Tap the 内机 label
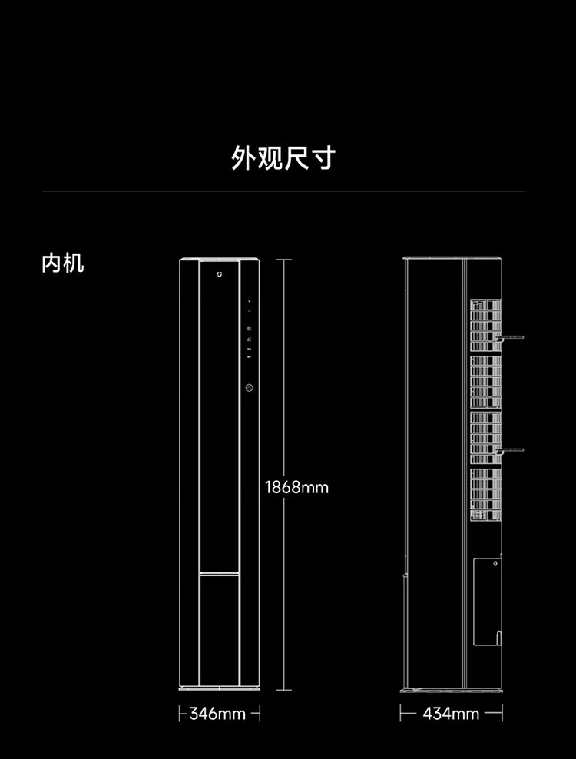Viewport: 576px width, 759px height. pos(63,263)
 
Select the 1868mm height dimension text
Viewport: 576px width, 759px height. pos(296,487)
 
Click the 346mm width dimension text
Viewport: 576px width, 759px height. pos(217,714)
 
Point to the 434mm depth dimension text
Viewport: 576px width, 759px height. pos(451,714)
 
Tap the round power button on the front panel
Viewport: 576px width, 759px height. pos(250,388)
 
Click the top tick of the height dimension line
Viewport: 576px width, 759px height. pos(284,260)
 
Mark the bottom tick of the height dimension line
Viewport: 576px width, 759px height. pos(284,689)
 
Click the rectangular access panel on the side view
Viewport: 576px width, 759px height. pos(486,602)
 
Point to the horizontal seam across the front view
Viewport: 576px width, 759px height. pos(219,572)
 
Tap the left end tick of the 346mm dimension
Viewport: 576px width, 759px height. pos(180,714)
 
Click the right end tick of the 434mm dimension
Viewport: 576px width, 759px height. pos(502,714)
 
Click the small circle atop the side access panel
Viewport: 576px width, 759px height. pos(495,562)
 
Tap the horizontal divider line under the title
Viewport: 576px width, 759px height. pos(283,191)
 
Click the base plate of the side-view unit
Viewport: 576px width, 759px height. pos(452,691)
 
